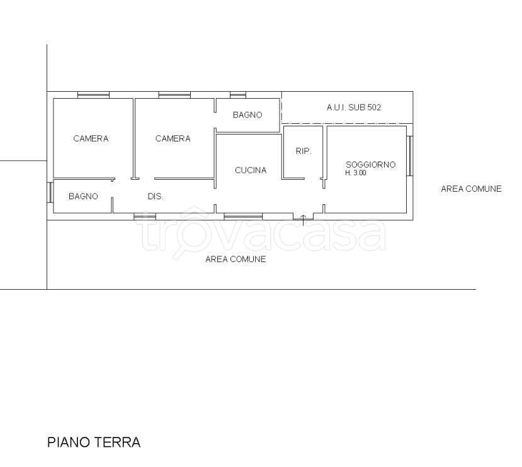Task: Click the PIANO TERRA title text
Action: (x=94, y=442)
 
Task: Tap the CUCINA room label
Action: (x=251, y=170)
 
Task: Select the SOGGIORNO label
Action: (x=370, y=165)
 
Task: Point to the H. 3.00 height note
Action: (x=355, y=173)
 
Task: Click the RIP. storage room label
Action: (x=304, y=151)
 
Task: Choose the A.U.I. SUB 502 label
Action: (x=353, y=107)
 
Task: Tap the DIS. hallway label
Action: (x=156, y=196)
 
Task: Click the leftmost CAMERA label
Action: (x=91, y=139)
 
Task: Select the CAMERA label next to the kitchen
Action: (x=173, y=139)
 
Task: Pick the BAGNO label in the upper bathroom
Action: (x=247, y=115)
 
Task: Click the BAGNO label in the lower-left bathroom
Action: (x=84, y=196)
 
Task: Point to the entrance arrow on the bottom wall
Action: (x=303, y=219)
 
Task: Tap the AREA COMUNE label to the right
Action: (x=471, y=189)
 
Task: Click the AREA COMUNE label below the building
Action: (x=235, y=259)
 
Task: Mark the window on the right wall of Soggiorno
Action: (x=410, y=155)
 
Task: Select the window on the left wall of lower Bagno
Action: (x=49, y=192)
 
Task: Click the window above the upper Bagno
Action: (x=237, y=95)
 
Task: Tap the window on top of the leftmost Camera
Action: (x=93, y=95)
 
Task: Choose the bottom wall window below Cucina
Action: (x=243, y=217)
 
